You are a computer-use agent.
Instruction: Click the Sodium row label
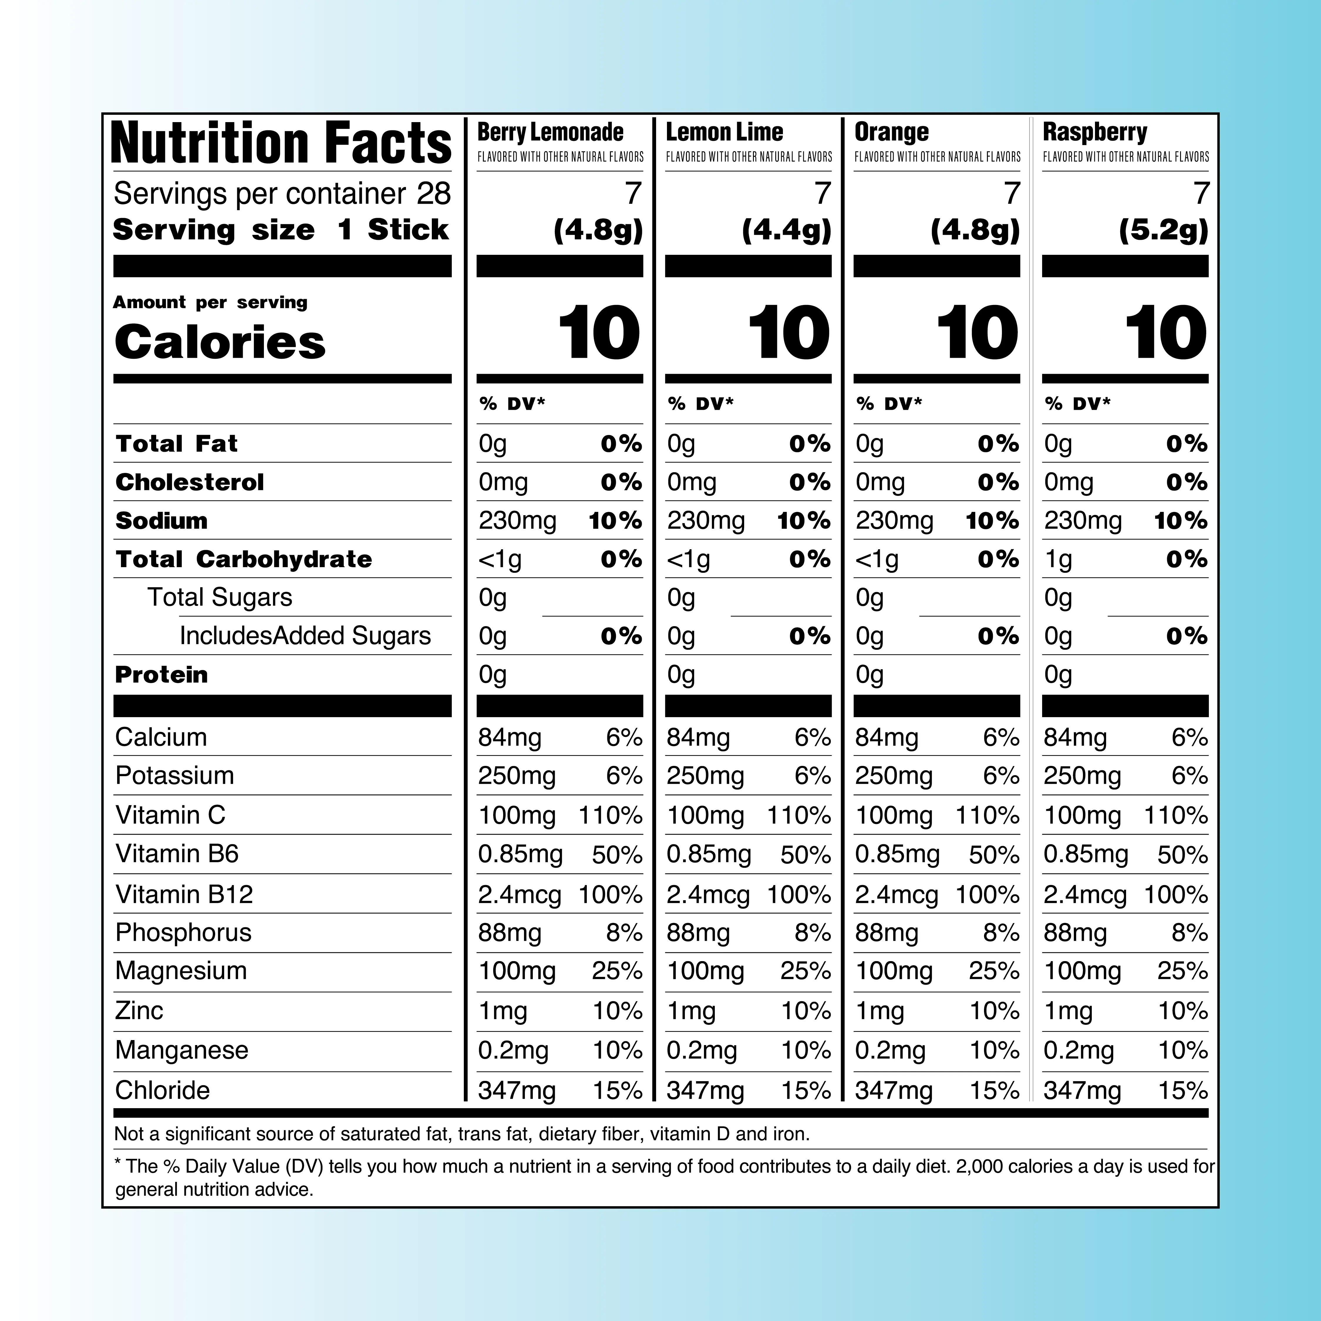161,521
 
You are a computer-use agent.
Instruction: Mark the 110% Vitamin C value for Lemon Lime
798,816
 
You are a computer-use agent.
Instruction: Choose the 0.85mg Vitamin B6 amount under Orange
897,855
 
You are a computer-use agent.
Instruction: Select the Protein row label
161,675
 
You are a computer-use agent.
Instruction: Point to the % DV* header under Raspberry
1077,404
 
